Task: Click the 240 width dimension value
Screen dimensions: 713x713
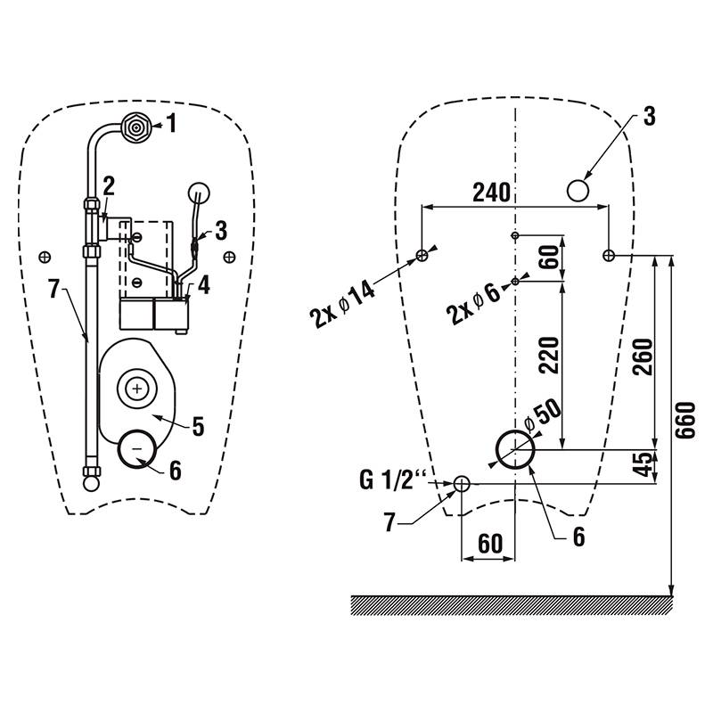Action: [x=491, y=193]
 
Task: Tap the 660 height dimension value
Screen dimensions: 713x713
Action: [x=685, y=420]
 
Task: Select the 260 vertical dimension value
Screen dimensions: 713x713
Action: [x=643, y=357]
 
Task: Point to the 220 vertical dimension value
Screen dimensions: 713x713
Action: [x=548, y=355]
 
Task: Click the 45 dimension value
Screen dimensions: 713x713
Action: [x=643, y=464]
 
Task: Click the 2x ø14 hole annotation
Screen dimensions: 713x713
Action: [x=342, y=304]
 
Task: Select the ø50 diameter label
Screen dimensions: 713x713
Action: [x=543, y=415]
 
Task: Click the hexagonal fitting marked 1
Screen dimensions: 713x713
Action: [x=135, y=127]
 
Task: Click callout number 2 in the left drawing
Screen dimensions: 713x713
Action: [x=109, y=185]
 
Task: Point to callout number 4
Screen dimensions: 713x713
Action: [x=204, y=285]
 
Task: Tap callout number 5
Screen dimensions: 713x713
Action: [x=198, y=427]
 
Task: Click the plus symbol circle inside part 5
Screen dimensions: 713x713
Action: [x=137, y=389]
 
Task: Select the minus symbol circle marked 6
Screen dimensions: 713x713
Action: [x=137, y=449]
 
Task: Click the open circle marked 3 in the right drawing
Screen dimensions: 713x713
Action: [x=578, y=191]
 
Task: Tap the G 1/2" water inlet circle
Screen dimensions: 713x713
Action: [x=462, y=484]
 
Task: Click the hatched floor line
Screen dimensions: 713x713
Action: [x=512, y=605]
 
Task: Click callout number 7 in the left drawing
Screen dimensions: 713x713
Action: [x=54, y=289]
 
